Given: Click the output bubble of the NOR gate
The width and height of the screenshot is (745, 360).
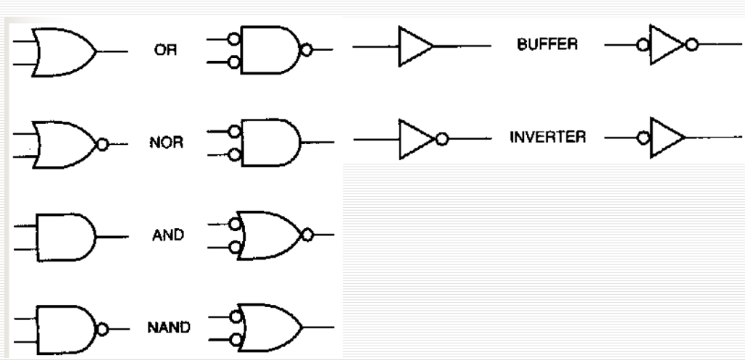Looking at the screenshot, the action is pyautogui.click(x=103, y=144).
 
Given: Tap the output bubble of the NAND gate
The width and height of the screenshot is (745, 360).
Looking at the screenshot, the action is pyautogui.click(x=103, y=328).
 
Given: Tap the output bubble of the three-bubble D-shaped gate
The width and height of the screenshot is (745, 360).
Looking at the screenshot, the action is pyautogui.click(x=308, y=51).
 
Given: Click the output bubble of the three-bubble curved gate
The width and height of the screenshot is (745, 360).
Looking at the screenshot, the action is pyautogui.click(x=308, y=234).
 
